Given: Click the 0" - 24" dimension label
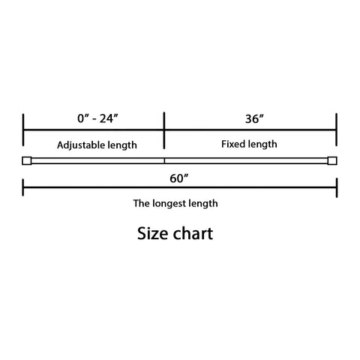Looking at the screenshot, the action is (97, 118).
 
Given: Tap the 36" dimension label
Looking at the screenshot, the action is (254, 119).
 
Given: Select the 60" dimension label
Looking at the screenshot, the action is (179, 178).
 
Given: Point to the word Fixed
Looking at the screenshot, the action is (234, 144).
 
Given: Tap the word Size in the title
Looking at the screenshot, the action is (153, 233).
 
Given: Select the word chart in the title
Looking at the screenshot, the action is (193, 233).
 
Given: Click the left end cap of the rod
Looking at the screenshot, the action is (27, 160).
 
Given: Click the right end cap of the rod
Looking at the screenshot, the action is (332, 160).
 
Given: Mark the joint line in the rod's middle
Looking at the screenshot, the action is (164, 160).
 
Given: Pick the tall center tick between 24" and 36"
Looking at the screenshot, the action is (164, 130).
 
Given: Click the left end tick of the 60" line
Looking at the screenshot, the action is (23, 187).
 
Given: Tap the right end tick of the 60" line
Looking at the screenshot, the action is (337, 187).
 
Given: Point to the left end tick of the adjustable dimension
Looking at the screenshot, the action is (23, 130).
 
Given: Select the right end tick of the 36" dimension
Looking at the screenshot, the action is (337, 130).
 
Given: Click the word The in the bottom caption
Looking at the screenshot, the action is (142, 203).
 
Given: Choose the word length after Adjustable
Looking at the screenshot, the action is (122, 145).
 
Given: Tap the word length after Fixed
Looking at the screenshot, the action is (262, 144).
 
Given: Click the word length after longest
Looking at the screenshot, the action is (203, 203).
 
